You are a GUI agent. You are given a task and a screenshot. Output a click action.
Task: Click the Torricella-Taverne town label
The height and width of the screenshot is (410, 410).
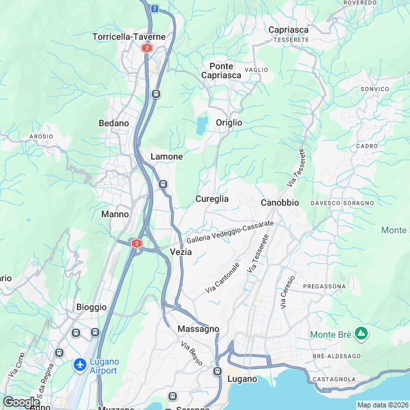coord(129,37)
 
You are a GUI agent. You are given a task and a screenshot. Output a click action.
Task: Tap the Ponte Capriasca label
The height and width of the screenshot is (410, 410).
coord(221,71)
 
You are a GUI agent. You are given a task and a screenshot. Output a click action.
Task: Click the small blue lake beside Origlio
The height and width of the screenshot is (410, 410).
coord(202,124)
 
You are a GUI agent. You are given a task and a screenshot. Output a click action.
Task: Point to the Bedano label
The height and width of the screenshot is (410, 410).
coord(114,123)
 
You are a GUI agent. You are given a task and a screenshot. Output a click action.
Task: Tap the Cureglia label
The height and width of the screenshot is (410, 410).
coord(212,199)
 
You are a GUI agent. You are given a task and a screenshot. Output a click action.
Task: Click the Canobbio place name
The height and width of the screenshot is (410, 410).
coord(280,202)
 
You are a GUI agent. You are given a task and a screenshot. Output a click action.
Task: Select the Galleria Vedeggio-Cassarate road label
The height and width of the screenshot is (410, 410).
coord(230,233)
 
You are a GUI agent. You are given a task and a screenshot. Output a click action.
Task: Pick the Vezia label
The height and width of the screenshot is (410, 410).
coord(181,252)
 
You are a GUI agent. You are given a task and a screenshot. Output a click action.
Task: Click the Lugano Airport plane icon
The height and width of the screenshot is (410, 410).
coord(80,365)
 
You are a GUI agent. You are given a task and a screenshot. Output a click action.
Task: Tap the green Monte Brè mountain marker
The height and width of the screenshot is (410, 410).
coord(361,333)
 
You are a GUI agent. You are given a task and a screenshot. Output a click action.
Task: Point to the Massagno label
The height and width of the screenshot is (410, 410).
coord(198,329)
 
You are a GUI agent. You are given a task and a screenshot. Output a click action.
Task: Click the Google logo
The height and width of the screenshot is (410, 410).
coord(21,402)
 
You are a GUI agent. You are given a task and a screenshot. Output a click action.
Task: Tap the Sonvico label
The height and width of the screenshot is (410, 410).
coord(375,88)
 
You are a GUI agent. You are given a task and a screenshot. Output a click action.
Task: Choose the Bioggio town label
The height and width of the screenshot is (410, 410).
coord(91,307)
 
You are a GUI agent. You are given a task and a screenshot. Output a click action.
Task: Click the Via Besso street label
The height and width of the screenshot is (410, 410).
coord(192,354)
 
